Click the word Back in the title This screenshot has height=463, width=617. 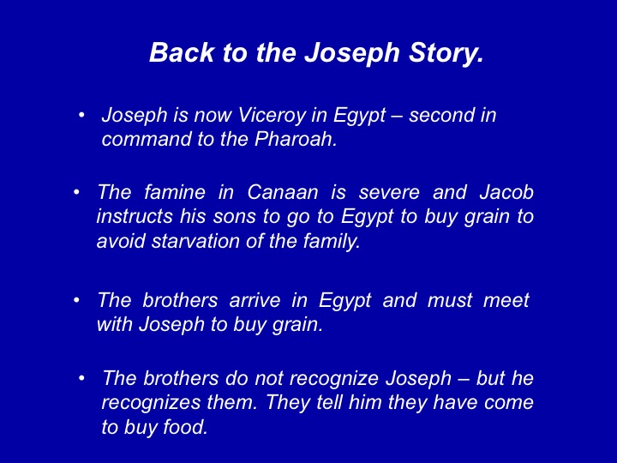pyautogui.click(x=182, y=52)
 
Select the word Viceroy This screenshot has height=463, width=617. pyautogui.click(x=272, y=116)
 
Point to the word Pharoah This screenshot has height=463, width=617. pyautogui.click(x=296, y=139)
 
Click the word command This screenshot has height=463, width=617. pyautogui.click(x=146, y=139)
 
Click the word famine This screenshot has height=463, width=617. pyautogui.click(x=175, y=192)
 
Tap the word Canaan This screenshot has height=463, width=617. pyautogui.click(x=283, y=192)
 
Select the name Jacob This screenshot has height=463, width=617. pyautogui.click(x=506, y=192)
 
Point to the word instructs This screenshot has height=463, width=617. pyautogui.click(x=135, y=217)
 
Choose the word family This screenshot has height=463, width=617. pyautogui.click(x=332, y=242)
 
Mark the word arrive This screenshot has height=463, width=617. pyautogui.click(x=255, y=300)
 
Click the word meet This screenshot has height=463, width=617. pyautogui.click(x=506, y=300)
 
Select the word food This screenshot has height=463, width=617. pyautogui.click(x=185, y=427)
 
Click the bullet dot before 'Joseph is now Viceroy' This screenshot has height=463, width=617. pyautogui.click(x=81, y=116)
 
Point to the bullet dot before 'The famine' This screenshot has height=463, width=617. pyautogui.click(x=77, y=193)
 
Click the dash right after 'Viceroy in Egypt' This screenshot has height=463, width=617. pyautogui.click(x=397, y=117)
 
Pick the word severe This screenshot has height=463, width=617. pyautogui.click(x=389, y=193)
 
